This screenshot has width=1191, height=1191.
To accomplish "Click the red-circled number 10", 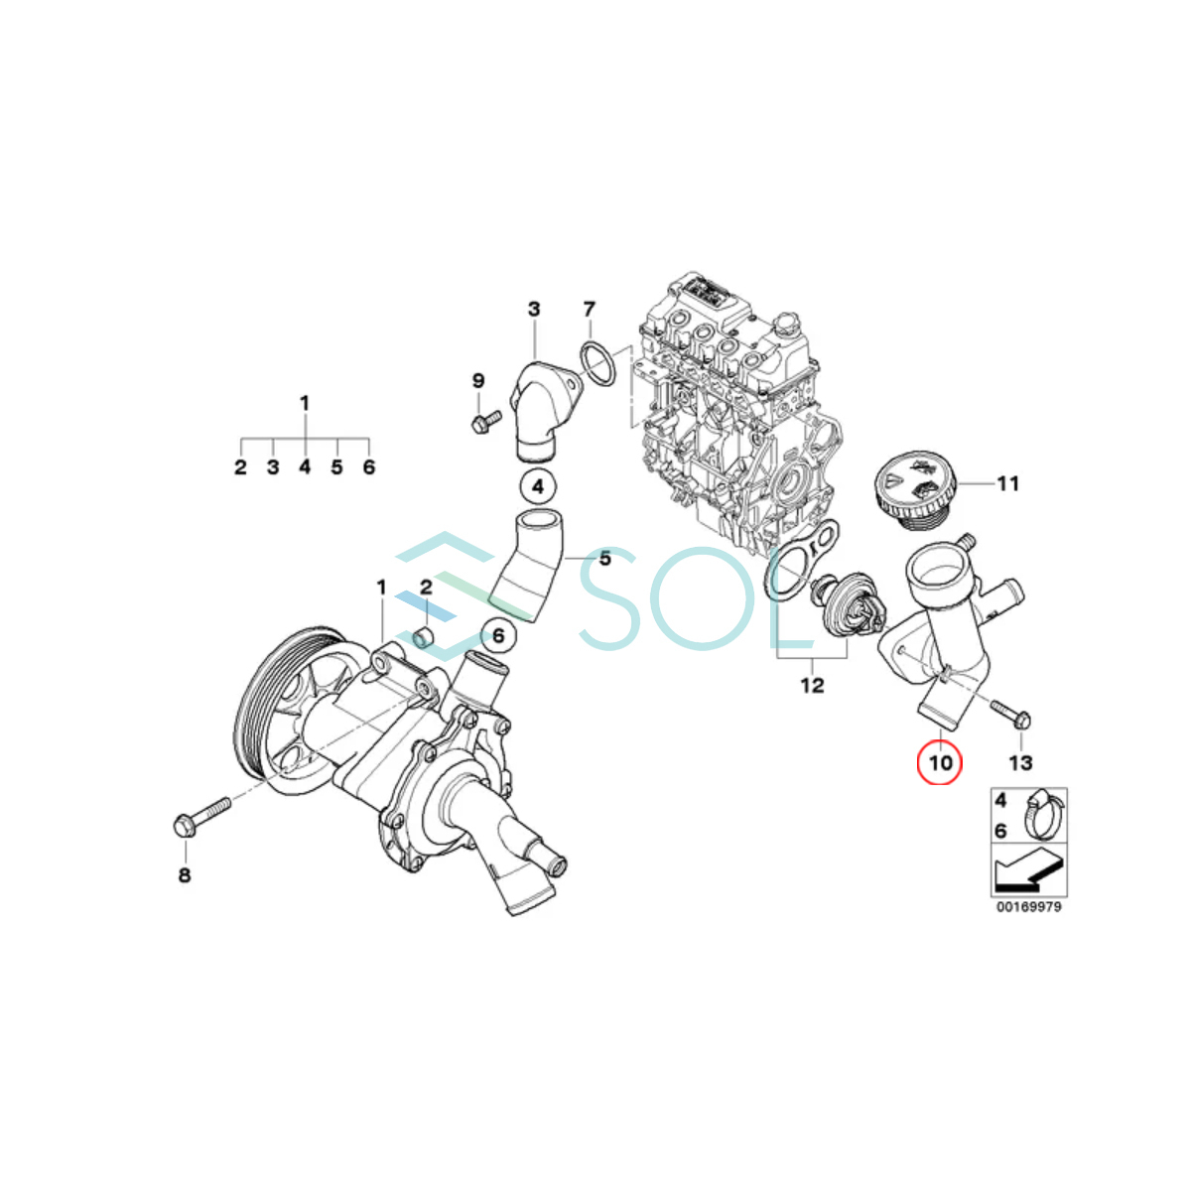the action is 941,762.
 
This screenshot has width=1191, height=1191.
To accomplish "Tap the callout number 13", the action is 1020,762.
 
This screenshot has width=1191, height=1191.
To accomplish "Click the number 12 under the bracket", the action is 812,686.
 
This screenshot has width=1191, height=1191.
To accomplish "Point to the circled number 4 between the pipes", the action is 538,486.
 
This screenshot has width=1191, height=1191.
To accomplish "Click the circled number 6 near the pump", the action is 498,635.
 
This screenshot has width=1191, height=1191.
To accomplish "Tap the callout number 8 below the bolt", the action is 185,875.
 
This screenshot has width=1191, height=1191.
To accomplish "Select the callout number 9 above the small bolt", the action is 478,381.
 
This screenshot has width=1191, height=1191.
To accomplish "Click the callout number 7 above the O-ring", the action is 589,309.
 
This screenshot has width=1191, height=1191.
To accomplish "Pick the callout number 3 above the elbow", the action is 534,309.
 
